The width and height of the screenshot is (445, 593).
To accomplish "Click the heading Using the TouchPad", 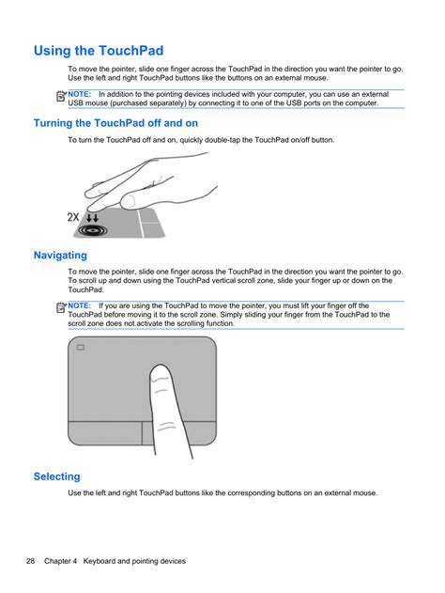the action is [99, 51].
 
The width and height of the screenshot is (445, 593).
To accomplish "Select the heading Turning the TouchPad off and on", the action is [115, 123].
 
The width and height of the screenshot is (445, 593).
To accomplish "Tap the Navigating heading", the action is [60, 256].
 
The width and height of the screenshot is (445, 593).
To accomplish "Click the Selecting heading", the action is [56, 476].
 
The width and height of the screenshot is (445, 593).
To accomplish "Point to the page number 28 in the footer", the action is [30, 561].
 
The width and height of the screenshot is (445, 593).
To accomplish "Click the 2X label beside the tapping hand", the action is [73, 217].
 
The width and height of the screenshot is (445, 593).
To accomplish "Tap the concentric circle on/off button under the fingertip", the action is [92, 230].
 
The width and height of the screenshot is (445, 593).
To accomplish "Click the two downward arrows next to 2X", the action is [92, 217].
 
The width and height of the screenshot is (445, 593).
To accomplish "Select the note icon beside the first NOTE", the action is [61, 97].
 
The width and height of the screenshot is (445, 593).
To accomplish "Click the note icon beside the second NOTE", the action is [61, 308].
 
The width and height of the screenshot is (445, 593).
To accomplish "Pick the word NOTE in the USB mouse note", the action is [79, 94].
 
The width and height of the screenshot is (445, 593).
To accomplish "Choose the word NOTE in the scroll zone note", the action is [79, 305].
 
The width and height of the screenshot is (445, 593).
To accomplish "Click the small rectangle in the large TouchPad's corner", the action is [81, 347].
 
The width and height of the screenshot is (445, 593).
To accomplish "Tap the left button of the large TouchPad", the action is [105, 433].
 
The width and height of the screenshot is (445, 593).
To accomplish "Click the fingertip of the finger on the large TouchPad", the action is [161, 367].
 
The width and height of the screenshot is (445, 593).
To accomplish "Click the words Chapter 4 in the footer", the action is [60, 561].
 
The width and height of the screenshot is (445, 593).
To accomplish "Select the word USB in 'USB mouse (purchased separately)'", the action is [75, 103].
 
